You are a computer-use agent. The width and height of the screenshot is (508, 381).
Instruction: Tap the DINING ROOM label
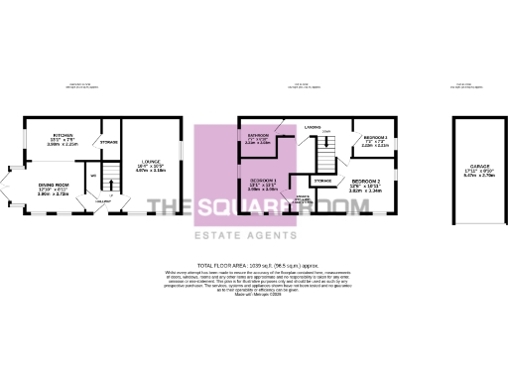point(54,185)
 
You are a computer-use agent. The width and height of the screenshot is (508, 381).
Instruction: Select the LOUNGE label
point(152,162)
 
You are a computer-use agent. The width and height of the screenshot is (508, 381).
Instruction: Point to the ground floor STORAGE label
point(109,143)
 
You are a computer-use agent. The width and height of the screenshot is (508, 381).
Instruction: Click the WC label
point(93,178)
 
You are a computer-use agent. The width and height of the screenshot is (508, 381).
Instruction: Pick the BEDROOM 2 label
point(364,181)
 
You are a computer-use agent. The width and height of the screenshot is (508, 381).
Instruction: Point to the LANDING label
point(312,127)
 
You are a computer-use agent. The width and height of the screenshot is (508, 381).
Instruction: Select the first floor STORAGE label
point(323,181)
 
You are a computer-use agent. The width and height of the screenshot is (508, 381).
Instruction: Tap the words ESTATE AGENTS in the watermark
point(254,234)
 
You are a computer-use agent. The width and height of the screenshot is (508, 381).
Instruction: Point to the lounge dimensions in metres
point(152,172)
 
